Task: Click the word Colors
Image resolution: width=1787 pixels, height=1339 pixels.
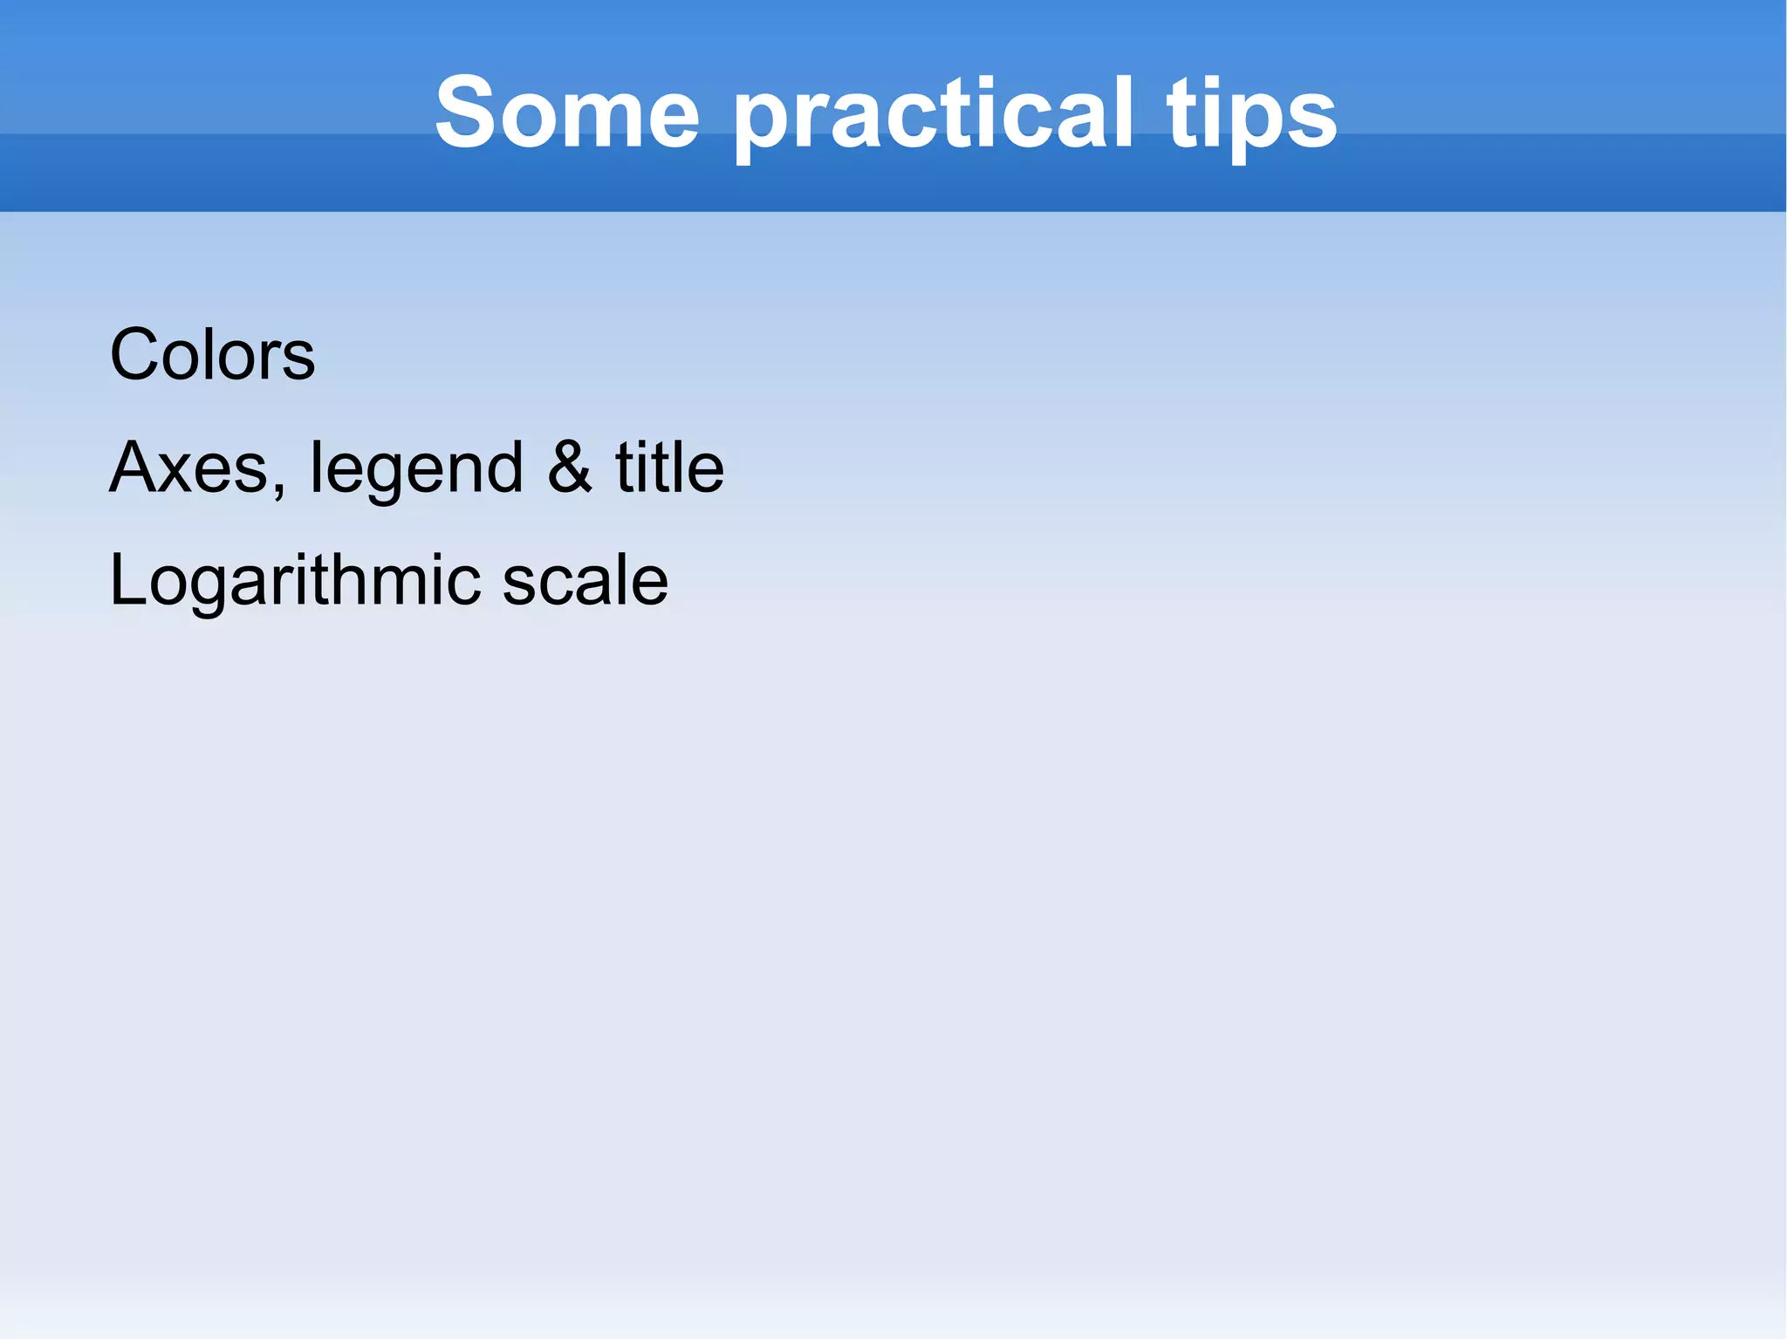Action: [x=212, y=354]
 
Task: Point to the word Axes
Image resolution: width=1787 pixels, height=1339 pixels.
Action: [x=192, y=468]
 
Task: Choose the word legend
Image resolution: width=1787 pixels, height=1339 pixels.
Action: [x=416, y=468]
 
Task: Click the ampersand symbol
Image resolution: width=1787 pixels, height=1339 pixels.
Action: [x=570, y=468]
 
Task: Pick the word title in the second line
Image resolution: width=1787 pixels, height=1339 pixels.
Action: [x=669, y=468]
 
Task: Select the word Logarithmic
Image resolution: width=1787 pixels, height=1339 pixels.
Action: [x=295, y=580]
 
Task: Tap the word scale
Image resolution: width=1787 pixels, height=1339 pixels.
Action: [x=585, y=580]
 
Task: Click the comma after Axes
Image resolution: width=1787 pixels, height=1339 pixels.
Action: [x=278, y=490]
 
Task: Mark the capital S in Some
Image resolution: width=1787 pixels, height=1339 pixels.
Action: [x=467, y=112]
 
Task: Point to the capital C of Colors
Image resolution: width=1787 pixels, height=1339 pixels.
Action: [x=136, y=354]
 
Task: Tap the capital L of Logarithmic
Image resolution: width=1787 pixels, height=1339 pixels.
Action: [x=127, y=580]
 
